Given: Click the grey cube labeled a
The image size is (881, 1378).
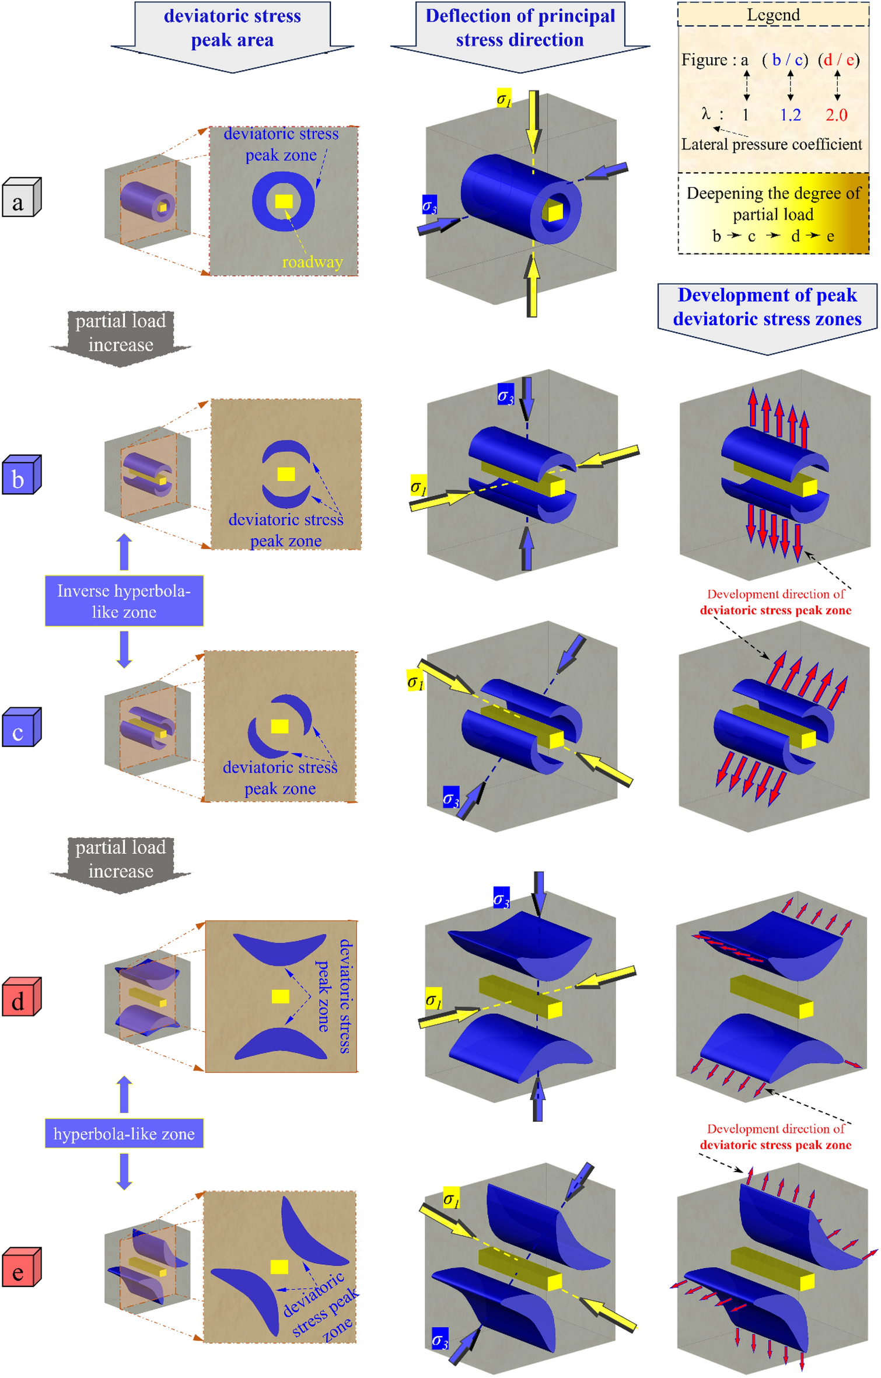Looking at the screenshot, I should click(21, 198).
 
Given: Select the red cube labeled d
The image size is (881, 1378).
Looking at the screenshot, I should click(21, 997).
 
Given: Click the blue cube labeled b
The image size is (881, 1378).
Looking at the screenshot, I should click(21, 475).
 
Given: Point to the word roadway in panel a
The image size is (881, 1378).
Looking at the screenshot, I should click(312, 262).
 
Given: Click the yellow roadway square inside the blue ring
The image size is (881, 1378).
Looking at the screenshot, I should click(284, 201).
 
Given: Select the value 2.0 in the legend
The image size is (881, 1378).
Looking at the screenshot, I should click(835, 114).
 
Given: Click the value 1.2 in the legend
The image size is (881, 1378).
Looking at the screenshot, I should click(790, 114).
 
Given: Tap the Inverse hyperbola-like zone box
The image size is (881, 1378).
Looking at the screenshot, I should click(124, 601).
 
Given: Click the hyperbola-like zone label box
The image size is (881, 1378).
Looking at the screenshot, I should click(124, 1133).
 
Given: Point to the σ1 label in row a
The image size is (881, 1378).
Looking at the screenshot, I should click(504, 98).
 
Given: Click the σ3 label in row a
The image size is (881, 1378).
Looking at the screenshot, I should click(429, 205).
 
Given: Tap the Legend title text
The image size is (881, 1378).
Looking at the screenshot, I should click(773, 15).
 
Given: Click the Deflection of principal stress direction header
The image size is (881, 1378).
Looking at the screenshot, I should click(520, 28).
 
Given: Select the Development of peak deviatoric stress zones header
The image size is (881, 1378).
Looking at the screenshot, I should click(767, 307).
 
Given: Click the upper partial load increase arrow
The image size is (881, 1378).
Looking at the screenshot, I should click(121, 335).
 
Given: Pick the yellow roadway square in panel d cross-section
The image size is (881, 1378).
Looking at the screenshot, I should click(281, 996).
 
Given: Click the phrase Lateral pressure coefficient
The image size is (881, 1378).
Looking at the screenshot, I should click(771, 144).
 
